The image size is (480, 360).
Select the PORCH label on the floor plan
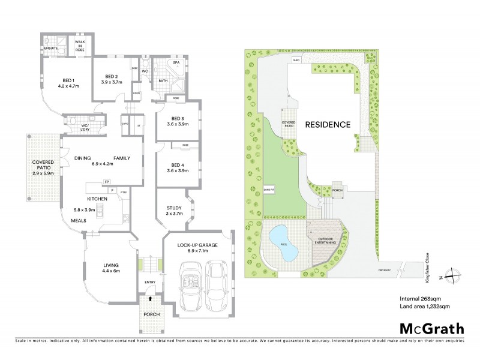pos(150,314)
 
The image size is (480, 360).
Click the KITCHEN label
pos(97,198)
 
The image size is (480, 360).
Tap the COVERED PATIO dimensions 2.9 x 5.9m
pos(43,174)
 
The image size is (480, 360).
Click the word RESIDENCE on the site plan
pos(327,125)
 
